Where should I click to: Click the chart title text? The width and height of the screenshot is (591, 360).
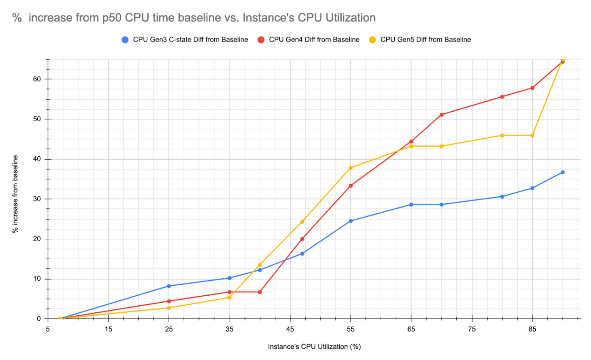coord(194,18)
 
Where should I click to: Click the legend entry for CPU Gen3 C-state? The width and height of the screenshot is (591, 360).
coord(185,40)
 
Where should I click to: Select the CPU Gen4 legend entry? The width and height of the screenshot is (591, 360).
coord(309,40)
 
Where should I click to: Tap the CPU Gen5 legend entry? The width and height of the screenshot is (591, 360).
coord(420,40)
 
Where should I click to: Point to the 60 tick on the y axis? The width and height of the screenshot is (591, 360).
coord(37,79)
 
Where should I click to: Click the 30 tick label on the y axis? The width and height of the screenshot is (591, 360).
coord(37,199)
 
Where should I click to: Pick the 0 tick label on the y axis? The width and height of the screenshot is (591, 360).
coord(39,319)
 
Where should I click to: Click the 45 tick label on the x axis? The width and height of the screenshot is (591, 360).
coord(290,329)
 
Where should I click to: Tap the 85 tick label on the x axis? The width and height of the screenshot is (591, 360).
coord(532,329)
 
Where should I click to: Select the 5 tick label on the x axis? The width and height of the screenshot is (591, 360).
coord(48,329)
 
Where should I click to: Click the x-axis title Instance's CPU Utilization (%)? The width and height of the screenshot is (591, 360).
coord(314,347)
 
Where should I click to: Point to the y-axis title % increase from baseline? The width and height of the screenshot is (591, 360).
coord(15,194)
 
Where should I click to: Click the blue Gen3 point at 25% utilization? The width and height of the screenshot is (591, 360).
coord(169,286)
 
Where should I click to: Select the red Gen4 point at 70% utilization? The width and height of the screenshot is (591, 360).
coord(441,115)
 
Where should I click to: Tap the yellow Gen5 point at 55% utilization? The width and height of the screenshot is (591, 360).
coord(351,168)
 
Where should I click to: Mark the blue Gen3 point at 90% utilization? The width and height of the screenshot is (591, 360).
coord(563,172)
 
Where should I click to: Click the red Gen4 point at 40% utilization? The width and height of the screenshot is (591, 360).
coord(260,292)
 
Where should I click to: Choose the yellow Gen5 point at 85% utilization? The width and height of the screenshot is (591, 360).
coord(533,136)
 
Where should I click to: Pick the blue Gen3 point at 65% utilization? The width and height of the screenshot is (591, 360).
coord(411,204)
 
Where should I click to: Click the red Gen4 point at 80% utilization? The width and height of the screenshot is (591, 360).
coord(502,97)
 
